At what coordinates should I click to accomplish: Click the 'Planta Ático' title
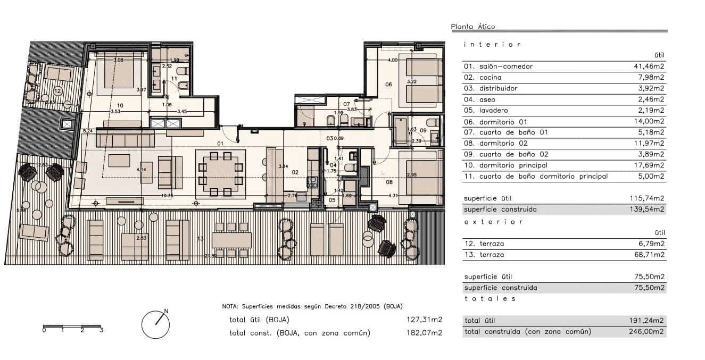(472, 27)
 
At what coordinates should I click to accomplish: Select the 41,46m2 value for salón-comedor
(646, 66)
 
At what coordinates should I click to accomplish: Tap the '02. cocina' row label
(483, 78)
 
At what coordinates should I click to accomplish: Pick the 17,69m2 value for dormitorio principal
(646, 165)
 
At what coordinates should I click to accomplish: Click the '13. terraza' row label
(484, 255)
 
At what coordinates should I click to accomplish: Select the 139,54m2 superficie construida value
(646, 210)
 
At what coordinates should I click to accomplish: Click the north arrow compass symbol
(156, 323)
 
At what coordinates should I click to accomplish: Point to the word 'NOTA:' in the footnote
(230, 307)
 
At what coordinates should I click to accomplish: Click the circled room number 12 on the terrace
(57, 91)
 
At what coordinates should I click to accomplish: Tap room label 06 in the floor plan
(388, 85)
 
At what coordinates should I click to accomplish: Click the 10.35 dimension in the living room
(167, 196)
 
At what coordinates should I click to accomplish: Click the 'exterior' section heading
(493, 221)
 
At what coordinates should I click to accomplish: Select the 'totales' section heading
(490, 299)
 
